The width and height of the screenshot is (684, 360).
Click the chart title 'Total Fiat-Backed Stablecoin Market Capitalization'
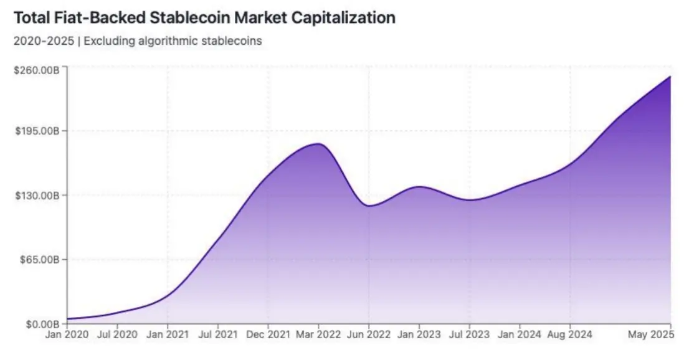(204, 17)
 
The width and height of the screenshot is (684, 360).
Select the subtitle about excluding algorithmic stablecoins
(137, 41)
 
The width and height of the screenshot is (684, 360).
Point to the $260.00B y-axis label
(37, 70)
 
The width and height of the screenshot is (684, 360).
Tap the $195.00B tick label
(37, 131)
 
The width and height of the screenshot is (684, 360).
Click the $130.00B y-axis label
(37, 196)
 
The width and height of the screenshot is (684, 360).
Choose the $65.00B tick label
(39, 259)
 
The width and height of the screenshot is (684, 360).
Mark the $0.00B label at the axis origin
(41, 324)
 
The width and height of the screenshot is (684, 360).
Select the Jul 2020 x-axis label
(116, 335)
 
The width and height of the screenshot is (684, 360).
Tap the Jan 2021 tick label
(167, 335)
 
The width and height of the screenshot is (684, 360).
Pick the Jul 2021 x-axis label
(217, 335)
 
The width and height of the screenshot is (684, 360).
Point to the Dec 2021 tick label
(268, 335)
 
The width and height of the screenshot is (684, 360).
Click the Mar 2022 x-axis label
(318, 335)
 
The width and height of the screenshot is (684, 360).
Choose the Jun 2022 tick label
(368, 335)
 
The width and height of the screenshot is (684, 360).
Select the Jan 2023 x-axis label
(419, 335)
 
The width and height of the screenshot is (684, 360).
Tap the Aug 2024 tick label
(569, 335)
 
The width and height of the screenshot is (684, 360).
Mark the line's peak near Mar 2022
(319, 144)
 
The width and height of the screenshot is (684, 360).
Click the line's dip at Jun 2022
(369, 206)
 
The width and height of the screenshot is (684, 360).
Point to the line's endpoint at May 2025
(670, 77)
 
